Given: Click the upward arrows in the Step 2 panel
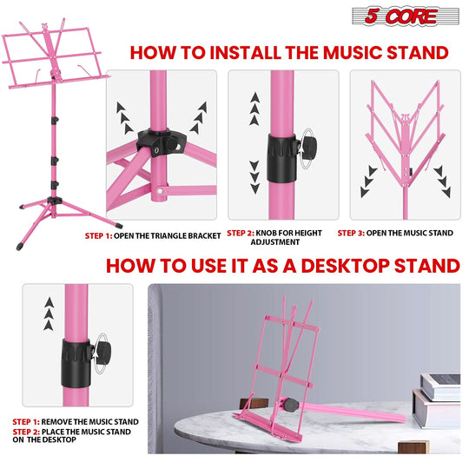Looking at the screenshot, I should point(254,109).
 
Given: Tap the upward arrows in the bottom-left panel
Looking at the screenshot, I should point(49,312).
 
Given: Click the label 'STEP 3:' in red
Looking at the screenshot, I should point(366,234).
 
